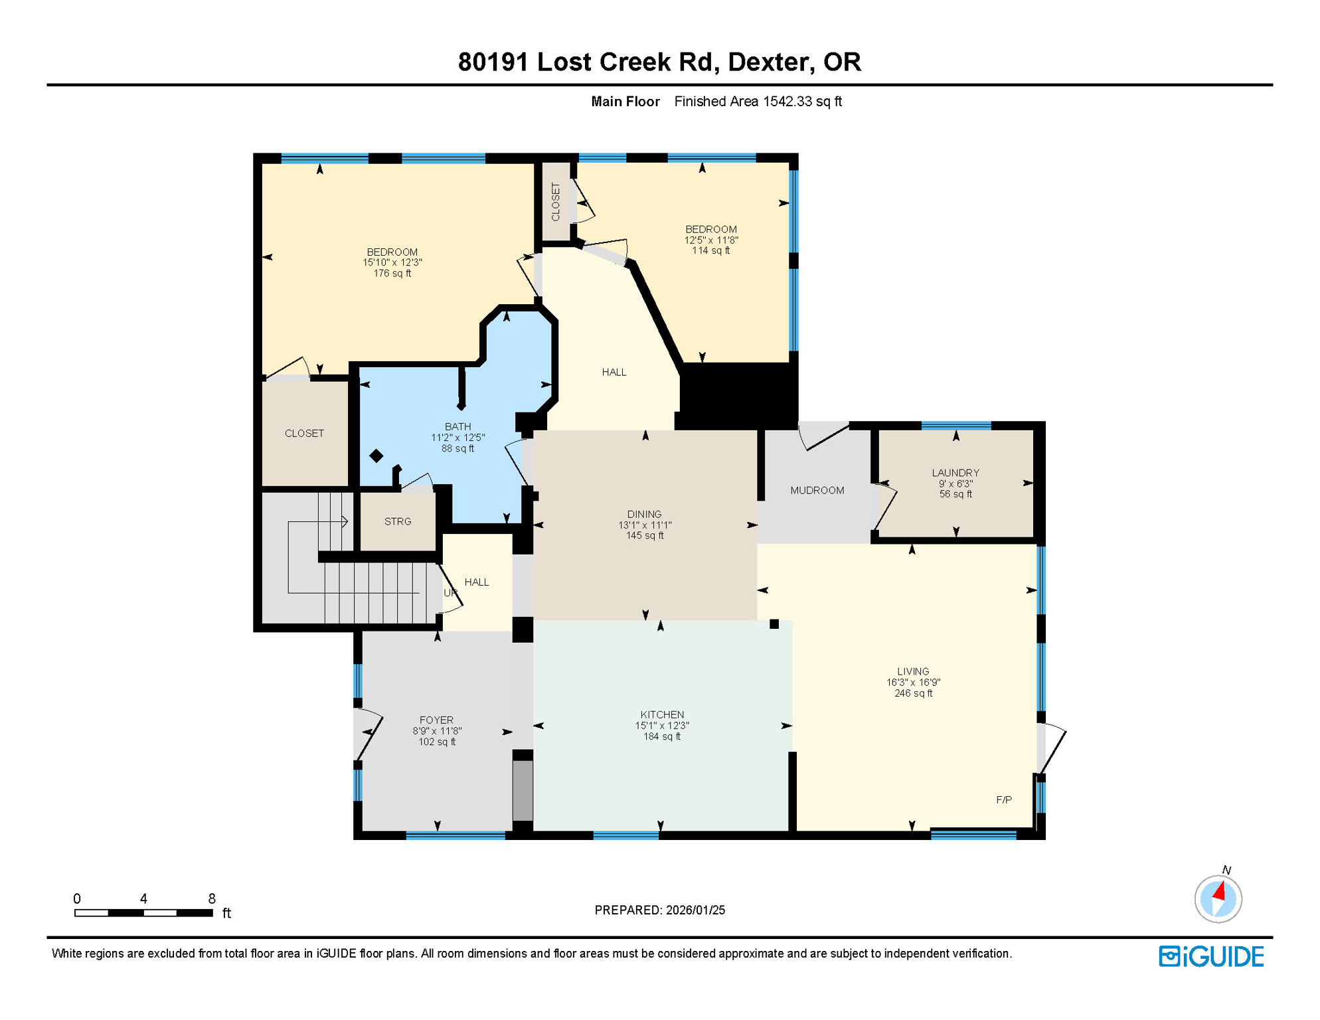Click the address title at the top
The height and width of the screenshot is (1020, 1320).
659,62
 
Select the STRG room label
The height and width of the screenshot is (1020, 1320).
398,521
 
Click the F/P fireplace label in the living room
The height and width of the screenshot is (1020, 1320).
1004,800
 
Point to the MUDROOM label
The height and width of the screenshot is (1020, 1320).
817,490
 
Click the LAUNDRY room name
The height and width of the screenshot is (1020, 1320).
955,473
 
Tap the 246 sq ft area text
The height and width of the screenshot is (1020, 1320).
913,693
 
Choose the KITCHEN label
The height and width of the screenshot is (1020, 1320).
662,715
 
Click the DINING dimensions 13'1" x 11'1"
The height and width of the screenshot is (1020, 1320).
645,525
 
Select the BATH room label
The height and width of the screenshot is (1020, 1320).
457,426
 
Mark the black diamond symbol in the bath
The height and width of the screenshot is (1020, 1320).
376,456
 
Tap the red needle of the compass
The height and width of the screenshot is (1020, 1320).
1220,891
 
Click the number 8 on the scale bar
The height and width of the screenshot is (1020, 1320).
212,898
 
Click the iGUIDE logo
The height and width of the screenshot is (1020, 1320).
1211,956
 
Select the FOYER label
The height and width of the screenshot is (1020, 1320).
436,720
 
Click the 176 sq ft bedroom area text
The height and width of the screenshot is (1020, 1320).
392,273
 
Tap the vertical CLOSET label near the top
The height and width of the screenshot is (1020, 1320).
556,201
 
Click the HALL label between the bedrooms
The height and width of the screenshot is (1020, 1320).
614,372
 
